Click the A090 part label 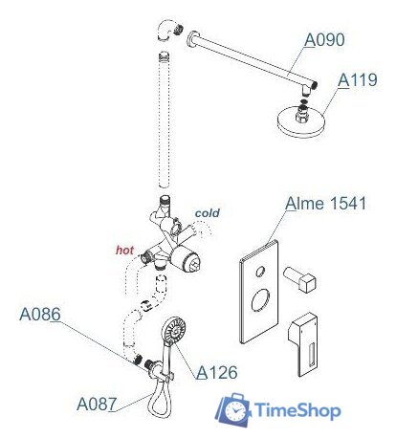[325, 40]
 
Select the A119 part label [359, 81]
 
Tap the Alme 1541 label [326, 205]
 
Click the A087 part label [97, 404]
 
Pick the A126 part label [217, 373]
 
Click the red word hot [124, 250]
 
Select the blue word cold [208, 212]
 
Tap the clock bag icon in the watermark [231, 411]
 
